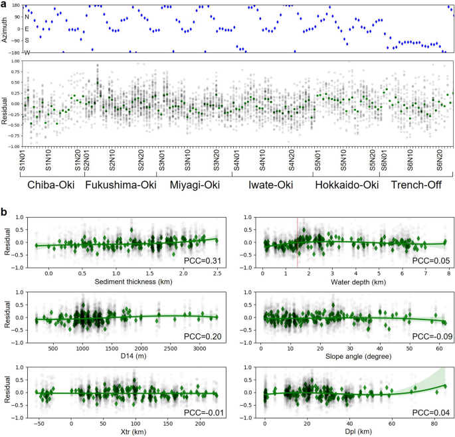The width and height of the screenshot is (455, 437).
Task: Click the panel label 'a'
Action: (x=5, y=5)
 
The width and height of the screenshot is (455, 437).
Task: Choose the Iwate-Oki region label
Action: (x=272, y=186)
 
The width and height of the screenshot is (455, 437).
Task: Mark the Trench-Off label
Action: (x=419, y=186)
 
